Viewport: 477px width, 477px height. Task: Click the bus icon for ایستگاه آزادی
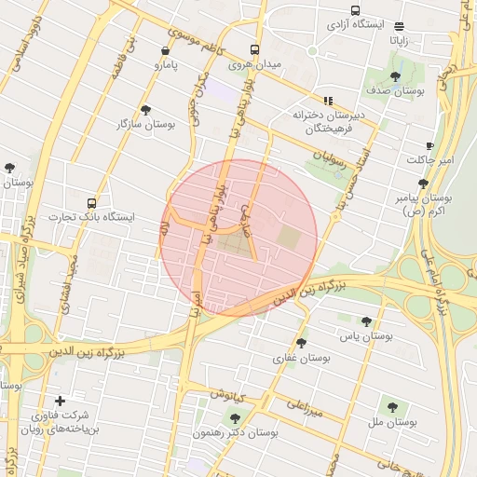pos(354,10)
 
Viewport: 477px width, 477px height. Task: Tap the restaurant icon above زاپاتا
pos(400,26)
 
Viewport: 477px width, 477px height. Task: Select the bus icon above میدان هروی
pos(254,50)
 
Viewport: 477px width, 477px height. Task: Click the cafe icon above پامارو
pos(165,51)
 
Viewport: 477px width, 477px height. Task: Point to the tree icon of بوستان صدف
pos(396,76)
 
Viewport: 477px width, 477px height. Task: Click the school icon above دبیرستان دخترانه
pos(328,101)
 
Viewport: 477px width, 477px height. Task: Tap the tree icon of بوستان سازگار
pos(144,109)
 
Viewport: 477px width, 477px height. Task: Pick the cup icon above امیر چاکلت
pos(429,145)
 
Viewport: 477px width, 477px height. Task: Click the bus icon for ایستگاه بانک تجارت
pos(91,201)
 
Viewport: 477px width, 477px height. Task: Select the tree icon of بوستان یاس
pos(366,320)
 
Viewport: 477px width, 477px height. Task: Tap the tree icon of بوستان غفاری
pos(301,344)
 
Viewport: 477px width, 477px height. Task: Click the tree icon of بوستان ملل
pos(392,406)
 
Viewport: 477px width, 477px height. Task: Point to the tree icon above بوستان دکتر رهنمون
pos(234,417)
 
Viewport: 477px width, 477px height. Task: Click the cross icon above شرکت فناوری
pos(61,401)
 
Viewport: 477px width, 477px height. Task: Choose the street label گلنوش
pos(227,394)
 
